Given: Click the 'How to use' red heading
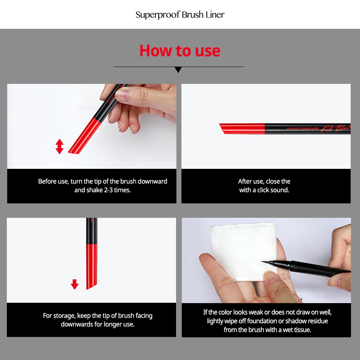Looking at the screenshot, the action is pos(180,51).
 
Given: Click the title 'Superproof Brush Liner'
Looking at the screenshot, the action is pos(180,15).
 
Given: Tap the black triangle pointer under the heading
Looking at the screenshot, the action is pos(178,69).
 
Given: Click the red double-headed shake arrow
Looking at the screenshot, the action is pos(59,147).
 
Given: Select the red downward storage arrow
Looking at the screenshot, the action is pos(75,284).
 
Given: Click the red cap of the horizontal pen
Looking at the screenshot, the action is pos(242,129).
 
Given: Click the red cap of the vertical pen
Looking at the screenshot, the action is pos(91,266).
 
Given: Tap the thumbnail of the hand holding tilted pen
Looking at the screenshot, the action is pos(92,126).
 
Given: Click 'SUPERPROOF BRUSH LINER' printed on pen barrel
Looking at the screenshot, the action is pos(303,129).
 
